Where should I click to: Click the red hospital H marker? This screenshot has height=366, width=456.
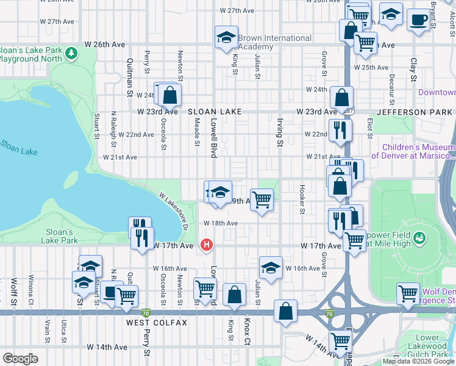207,245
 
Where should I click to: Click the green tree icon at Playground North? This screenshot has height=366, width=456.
72,54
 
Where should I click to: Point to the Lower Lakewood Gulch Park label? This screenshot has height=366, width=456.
427,346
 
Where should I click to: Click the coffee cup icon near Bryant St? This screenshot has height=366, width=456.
418,20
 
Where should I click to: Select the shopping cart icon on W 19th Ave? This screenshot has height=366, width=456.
262,199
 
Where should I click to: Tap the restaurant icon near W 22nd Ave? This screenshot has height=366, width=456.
340,129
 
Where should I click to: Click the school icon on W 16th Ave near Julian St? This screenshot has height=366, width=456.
271,267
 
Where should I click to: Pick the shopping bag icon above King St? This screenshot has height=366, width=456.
235,295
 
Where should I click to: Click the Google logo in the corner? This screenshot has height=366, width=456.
20,359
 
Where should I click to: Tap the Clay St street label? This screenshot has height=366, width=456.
413,70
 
